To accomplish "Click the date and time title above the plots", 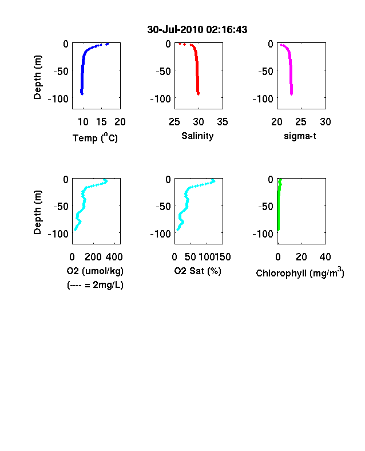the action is point(197,30).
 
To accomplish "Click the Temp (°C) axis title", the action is point(95,138).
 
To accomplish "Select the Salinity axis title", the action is point(197,136).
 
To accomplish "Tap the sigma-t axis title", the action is point(300,136).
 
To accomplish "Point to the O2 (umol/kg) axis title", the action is point(95,271).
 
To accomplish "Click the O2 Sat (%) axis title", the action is point(198,271).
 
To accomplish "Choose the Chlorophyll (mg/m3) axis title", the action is point(300,272).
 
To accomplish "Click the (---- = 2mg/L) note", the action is point(95,285).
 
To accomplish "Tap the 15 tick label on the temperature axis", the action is point(101,122).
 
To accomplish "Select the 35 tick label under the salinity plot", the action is point(223,122).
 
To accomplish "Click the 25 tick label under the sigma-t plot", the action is point(300,122).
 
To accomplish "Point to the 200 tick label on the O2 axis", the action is point(93,257).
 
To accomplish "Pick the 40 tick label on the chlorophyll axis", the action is point(325,257).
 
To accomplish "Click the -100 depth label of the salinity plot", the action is point(161,99).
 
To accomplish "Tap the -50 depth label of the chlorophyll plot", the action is point(265,207).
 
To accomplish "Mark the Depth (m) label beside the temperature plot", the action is point(37,77).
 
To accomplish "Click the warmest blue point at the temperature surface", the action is point(107,44).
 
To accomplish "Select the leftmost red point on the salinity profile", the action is point(180,43).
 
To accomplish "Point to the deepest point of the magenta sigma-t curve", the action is point(291,94).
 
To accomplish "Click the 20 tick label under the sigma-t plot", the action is point(277,122).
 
